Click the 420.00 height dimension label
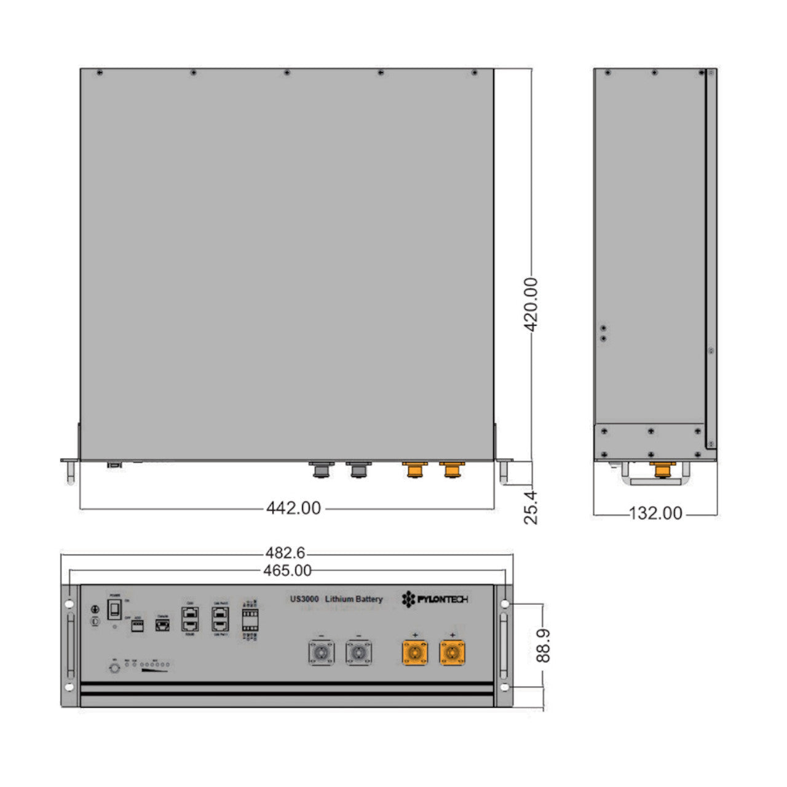531,305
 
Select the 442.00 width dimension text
293,508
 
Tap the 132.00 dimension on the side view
655,513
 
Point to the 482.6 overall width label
285,554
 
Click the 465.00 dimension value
287,571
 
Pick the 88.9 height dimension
543,645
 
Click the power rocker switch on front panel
114,610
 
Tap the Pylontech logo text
435,599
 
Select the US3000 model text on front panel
304,599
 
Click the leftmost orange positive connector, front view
415,652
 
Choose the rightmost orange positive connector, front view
452,652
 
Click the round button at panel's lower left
114,668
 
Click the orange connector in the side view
662,470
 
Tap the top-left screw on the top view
100,73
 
